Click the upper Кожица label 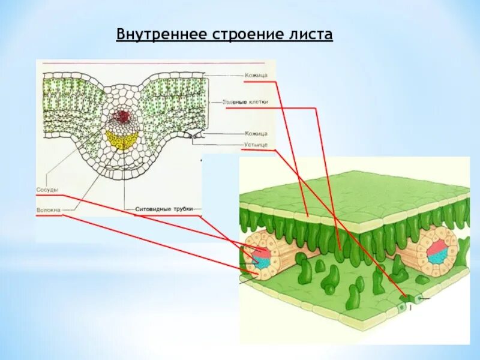pyautogui.click(x=256, y=76)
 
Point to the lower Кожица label pyautogui.click(x=256, y=133)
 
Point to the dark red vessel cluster pyautogui.click(x=122, y=116)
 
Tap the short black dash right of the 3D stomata pyautogui.click(x=424, y=298)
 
